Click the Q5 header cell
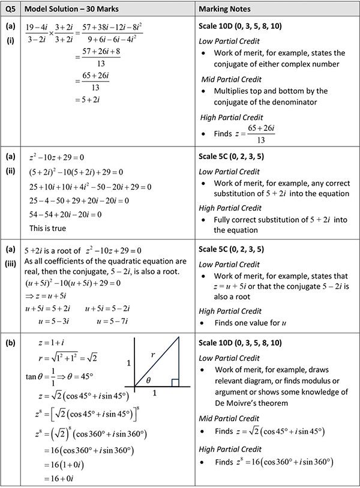[10, 10]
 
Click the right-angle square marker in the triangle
[175, 382]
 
